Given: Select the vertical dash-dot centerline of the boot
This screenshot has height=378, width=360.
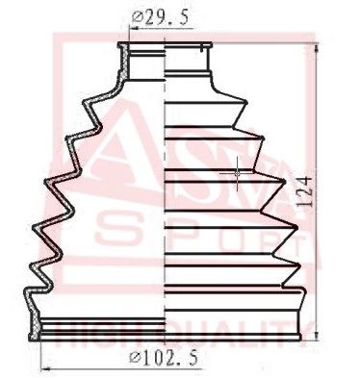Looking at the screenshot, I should tap(169, 192).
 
